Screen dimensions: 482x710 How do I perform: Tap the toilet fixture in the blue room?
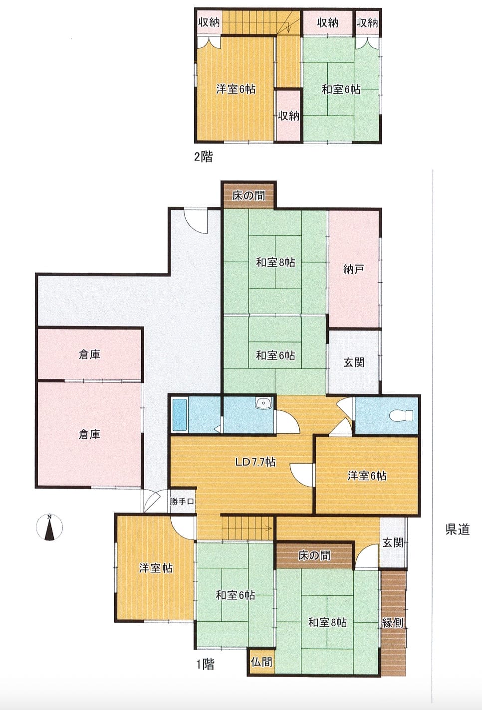pos(402,415)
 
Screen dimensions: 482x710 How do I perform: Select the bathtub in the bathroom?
pos(180,415)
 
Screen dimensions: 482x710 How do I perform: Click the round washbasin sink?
pos(263,403)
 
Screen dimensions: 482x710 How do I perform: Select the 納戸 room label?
pos(354,269)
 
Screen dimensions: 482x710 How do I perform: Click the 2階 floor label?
pos(203,157)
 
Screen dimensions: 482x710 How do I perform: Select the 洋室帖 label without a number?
pos(156,568)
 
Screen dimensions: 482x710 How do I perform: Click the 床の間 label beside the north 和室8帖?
pos(248,195)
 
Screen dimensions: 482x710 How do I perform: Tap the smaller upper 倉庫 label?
pos(89,355)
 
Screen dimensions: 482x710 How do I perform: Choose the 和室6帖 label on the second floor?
pos(341,89)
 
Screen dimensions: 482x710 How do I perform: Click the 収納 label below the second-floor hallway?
pos(288,116)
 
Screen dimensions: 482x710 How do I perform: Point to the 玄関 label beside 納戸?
pos(354,362)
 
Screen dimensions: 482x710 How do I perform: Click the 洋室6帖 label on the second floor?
pos(236,89)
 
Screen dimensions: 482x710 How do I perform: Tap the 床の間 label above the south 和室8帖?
pos(314,555)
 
